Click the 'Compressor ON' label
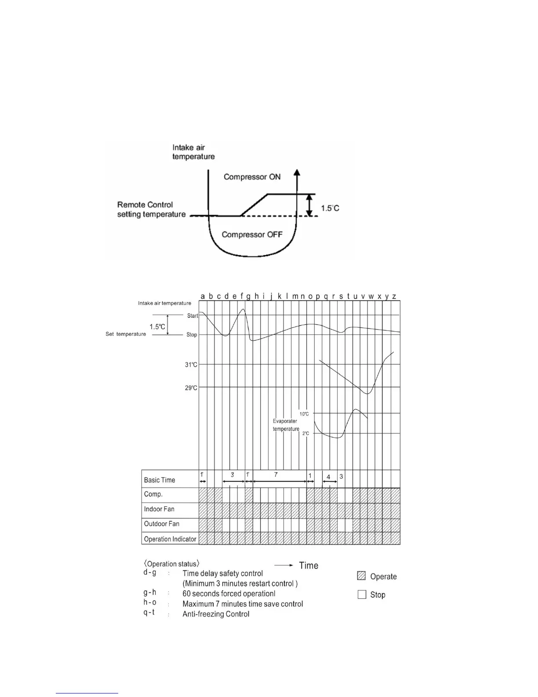[252, 177]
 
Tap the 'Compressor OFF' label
[252, 235]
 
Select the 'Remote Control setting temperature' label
[151, 209]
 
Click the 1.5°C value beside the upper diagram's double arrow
[330, 208]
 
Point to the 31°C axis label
[191, 365]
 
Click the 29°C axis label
[191, 388]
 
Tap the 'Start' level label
[193, 316]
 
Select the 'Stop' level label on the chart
[192, 335]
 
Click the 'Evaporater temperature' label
[286, 425]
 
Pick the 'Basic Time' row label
[160, 480]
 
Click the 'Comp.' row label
[153, 494]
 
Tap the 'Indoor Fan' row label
[159, 509]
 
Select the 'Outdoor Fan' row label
[161, 524]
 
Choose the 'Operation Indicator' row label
[170, 539]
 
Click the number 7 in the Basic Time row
[276, 475]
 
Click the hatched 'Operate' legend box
[362, 576]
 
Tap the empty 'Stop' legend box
[362, 594]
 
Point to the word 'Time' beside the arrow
[309, 565]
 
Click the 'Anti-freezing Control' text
[216, 614]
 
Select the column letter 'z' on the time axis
[394, 296]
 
